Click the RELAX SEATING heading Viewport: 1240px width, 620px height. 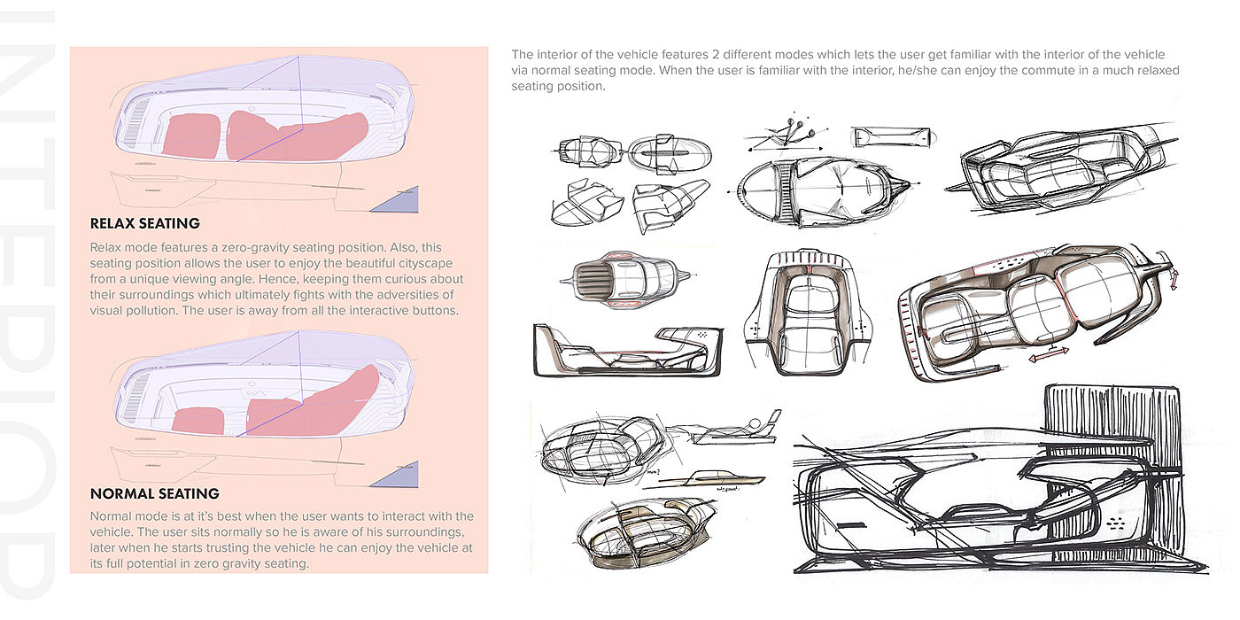click(145, 223)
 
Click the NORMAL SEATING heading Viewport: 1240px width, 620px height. click(155, 493)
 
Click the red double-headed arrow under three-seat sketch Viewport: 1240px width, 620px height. click(1049, 353)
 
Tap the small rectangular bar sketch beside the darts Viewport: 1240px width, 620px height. click(893, 137)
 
